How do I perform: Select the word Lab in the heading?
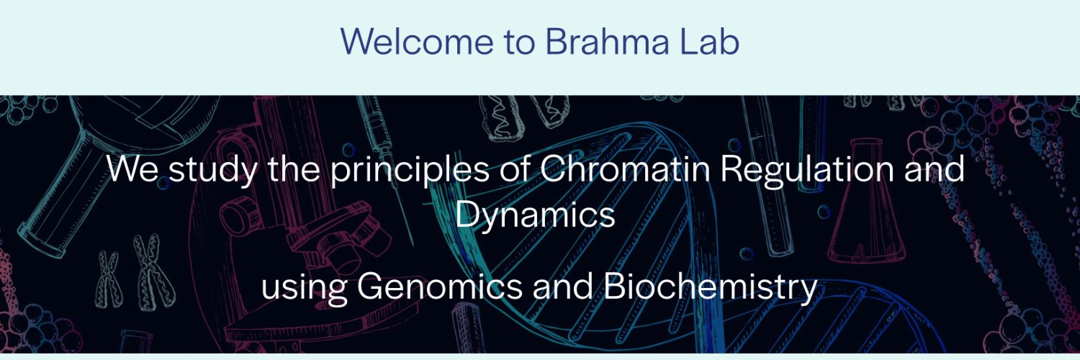point(709,42)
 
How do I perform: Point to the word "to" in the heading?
point(517,42)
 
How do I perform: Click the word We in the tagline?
point(128,170)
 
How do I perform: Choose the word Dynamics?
point(535,215)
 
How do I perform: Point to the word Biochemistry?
point(709,287)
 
